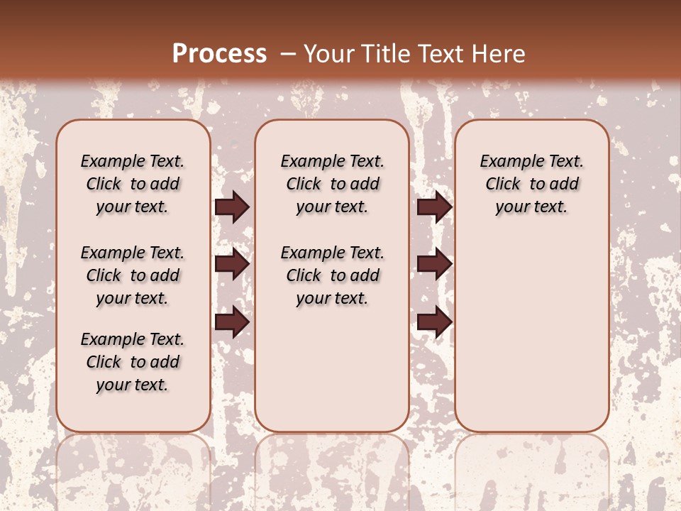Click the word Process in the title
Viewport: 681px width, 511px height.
pyautogui.click(x=219, y=54)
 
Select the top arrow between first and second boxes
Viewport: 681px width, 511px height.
pyautogui.click(x=232, y=207)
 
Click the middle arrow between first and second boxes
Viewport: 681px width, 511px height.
pyautogui.click(x=232, y=264)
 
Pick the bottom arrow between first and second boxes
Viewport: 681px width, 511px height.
pyautogui.click(x=232, y=322)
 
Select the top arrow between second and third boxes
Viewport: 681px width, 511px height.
pyautogui.click(x=434, y=207)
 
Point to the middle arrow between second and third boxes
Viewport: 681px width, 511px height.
pyautogui.click(x=434, y=264)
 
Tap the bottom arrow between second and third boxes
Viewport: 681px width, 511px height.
pyautogui.click(x=434, y=322)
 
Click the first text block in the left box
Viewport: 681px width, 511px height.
pyautogui.click(x=133, y=184)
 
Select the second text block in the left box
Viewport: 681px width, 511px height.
pyautogui.click(x=133, y=275)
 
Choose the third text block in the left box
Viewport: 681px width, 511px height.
pyautogui.click(x=133, y=362)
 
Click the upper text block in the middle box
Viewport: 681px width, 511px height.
pyautogui.click(x=333, y=184)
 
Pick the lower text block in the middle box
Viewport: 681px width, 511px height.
pyautogui.click(x=333, y=275)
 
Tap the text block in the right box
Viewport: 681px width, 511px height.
pyautogui.click(x=532, y=184)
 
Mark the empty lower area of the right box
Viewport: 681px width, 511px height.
pyautogui.click(x=532, y=326)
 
